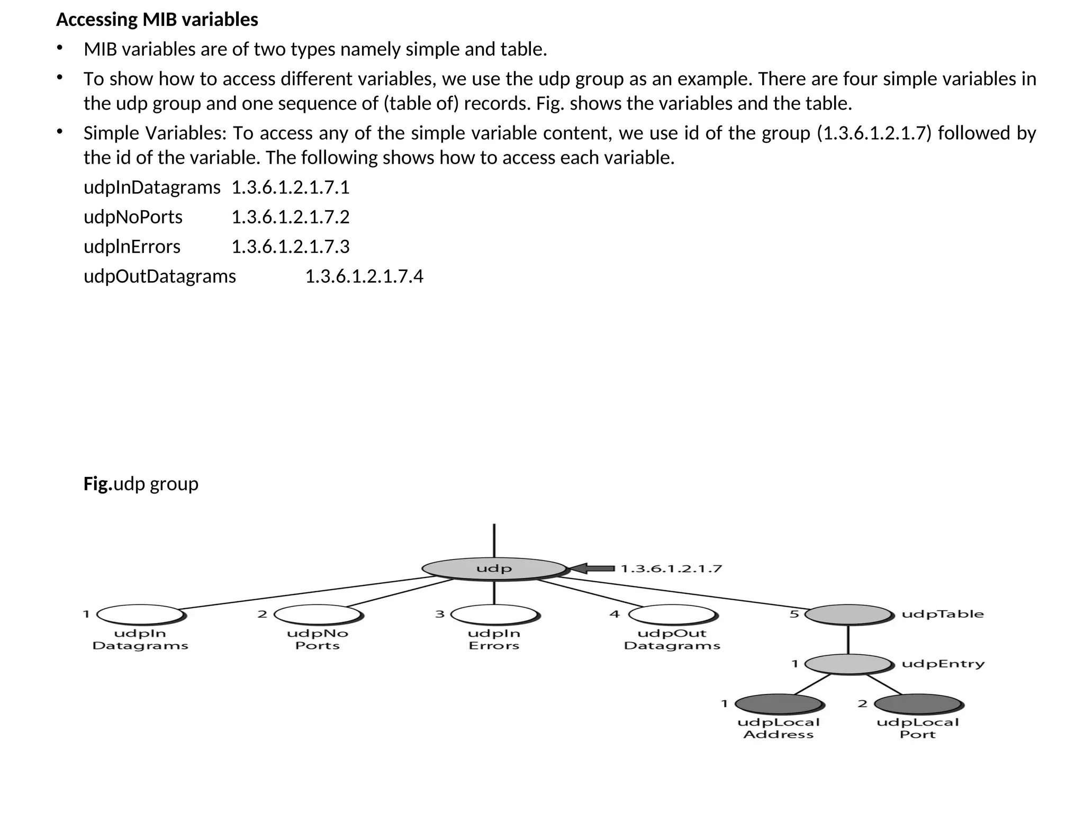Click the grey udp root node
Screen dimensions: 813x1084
click(x=494, y=568)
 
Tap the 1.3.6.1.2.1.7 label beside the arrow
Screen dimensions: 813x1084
click(x=671, y=569)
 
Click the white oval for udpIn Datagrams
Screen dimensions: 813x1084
click(x=140, y=615)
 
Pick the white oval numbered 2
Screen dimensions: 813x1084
click(x=318, y=615)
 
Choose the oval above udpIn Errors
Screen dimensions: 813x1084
click(x=494, y=615)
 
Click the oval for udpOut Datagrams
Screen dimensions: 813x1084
click(x=672, y=615)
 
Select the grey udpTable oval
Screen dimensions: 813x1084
click(x=848, y=615)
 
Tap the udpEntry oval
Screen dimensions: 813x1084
click(x=848, y=664)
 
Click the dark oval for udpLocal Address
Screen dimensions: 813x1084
click(x=778, y=704)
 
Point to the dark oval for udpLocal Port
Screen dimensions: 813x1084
click(x=918, y=704)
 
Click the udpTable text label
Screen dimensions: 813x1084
click(x=943, y=614)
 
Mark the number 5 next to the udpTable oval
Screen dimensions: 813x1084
click(x=794, y=614)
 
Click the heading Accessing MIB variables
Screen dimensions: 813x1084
click(x=157, y=20)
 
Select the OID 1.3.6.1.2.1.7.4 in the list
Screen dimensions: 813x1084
click(x=364, y=276)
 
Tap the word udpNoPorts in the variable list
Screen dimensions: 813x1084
click(x=133, y=217)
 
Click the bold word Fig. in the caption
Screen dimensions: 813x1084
click(x=98, y=484)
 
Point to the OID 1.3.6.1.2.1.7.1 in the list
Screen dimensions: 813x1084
click(x=291, y=187)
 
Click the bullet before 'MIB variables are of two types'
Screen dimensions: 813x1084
click(x=60, y=48)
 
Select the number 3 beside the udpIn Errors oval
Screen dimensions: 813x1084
click(x=440, y=614)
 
